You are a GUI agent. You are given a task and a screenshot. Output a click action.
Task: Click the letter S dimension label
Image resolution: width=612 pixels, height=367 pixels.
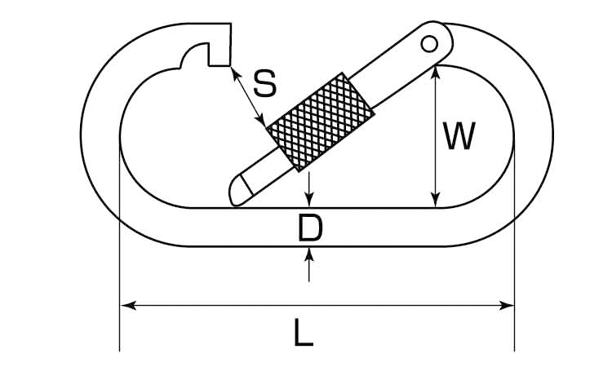tap(265, 83)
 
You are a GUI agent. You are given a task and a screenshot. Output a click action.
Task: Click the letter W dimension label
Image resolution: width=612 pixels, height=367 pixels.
tap(459, 135)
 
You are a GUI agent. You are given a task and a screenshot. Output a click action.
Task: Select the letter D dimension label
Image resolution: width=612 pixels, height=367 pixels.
tap(310, 228)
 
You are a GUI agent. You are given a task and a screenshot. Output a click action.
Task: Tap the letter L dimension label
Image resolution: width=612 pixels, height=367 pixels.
tap(303, 333)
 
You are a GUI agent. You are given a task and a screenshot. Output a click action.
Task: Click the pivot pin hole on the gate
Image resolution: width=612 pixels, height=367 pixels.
tap(429, 44)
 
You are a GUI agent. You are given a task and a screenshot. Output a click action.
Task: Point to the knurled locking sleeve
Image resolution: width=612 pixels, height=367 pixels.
tap(320, 122)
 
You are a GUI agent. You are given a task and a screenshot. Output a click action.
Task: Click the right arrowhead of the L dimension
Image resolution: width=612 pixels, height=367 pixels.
tap(506, 305)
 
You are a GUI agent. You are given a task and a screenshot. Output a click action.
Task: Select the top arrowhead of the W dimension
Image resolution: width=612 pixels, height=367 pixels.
tap(436, 73)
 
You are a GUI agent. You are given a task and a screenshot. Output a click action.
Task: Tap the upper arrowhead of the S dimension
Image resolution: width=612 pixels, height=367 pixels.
tap(235, 74)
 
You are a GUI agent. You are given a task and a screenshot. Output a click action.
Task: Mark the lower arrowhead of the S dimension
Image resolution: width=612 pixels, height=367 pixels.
tap(261, 120)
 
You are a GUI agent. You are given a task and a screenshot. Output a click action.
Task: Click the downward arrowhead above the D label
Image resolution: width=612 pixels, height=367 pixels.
tap(309, 200)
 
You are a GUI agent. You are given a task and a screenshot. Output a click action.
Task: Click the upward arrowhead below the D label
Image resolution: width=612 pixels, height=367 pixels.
tap(309, 254)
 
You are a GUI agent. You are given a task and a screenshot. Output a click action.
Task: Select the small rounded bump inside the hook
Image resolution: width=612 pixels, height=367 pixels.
tap(193, 55)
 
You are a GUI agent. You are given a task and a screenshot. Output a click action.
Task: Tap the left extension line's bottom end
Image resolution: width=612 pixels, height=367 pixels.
tap(119, 352)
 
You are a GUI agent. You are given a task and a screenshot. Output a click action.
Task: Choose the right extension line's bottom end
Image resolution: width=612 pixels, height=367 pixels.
tap(514, 352)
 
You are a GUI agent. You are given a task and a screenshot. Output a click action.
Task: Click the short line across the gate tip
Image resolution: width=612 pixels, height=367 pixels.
tap(246, 185)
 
